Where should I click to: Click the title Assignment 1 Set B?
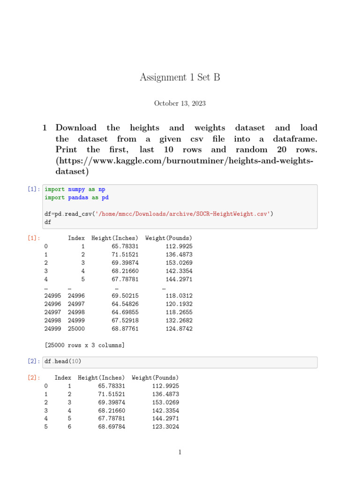(180, 78)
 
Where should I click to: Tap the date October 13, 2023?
(180, 104)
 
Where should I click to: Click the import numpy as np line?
(75, 189)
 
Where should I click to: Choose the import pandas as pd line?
(77, 197)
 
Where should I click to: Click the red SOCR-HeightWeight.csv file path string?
(182, 214)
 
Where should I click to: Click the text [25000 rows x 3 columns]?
(84, 345)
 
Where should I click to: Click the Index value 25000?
(76, 329)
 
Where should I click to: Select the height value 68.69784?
(112, 427)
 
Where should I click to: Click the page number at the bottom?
(180, 452)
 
